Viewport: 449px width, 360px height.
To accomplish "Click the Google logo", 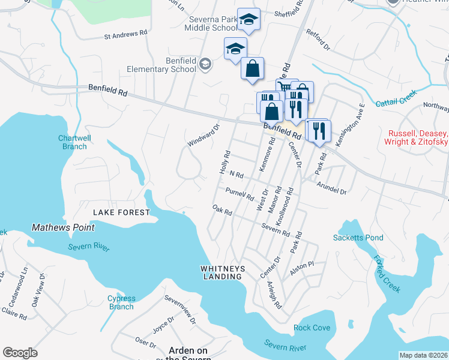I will tap(20, 353).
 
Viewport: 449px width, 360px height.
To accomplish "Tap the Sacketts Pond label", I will tap(358, 238).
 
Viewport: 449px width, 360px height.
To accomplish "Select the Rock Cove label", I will tap(312, 328).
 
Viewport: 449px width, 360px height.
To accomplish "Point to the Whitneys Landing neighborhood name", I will tap(222, 272).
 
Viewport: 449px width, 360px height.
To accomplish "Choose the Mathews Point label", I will tap(62, 228).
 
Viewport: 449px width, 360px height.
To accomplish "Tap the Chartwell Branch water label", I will tap(74, 142).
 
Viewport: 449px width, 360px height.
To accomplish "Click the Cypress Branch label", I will tap(121, 302).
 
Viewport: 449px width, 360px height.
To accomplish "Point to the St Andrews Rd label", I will tap(125, 36).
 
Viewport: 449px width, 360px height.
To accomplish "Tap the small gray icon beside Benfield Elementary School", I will tap(205, 65).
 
